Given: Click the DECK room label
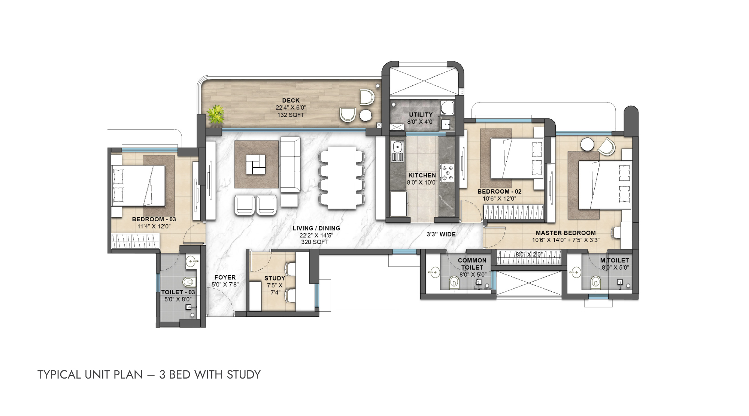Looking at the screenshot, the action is pos(291,100).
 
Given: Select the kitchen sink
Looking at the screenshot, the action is pos(397,151).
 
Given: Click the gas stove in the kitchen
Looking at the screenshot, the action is pos(447,173).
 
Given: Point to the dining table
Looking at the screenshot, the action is pos(342,178).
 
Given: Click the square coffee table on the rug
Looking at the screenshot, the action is pos(256,164).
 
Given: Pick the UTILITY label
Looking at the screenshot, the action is pos(421,115).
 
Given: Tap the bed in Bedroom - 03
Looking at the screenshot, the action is pos(138,186).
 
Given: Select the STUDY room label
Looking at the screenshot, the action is pos(275,278).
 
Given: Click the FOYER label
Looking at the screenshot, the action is pos(225,277).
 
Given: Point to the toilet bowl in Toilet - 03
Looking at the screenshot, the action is pos(189,282).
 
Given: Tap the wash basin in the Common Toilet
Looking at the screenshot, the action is pos(434,272).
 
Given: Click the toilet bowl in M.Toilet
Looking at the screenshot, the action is pos(595,283).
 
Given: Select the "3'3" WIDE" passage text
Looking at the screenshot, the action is pos(441,234).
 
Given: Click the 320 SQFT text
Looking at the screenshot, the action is pos(315,242).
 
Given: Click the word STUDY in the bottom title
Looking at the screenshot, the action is pos(243,374).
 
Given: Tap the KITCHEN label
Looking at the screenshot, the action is pos(422,175).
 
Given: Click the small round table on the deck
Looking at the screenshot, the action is pos(366,115).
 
